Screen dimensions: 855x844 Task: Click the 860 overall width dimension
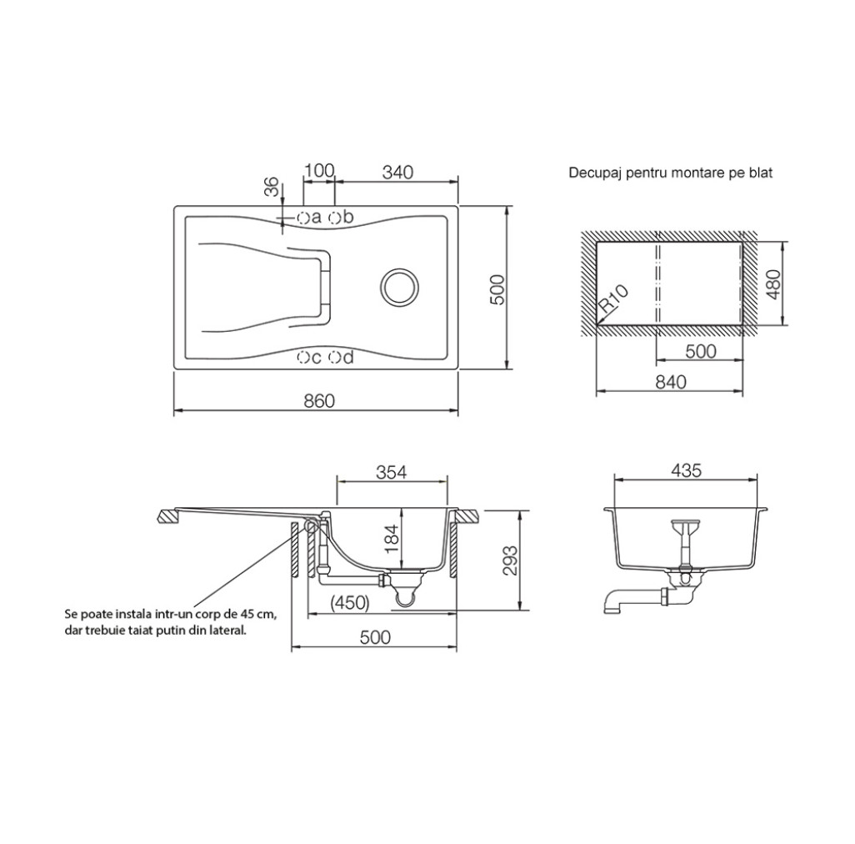[319, 401]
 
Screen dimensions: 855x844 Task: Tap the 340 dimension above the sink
[397, 172]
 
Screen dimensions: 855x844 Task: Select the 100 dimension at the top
[319, 171]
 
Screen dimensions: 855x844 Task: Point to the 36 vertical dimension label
[272, 187]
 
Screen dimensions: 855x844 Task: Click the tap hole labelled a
[303, 218]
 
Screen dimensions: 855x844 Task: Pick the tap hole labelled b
[334, 218]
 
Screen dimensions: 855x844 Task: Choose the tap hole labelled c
[303, 358]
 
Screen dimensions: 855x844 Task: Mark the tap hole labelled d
[334, 358]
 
